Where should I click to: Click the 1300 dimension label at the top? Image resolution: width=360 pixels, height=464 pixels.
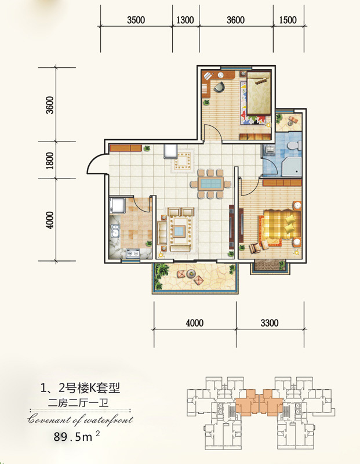click(185, 20)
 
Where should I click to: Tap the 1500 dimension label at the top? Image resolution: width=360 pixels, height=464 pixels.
click(288, 20)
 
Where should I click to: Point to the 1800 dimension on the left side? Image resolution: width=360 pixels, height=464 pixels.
click(50, 161)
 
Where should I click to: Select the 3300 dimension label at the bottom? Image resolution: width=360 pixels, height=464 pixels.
click(270, 322)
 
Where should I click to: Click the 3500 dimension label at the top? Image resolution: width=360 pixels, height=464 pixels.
click(136, 20)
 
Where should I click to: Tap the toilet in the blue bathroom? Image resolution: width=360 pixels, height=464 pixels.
click(294, 146)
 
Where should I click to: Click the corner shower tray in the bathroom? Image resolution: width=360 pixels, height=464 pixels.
click(292, 166)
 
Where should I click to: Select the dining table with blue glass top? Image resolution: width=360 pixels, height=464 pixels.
click(210, 183)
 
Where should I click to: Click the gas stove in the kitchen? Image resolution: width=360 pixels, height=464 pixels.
click(133, 253)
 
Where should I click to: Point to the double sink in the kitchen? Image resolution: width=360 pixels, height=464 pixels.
click(115, 231)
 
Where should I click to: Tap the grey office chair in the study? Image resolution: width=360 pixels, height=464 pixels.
click(219, 86)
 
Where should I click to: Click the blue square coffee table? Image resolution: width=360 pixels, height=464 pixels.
click(180, 231)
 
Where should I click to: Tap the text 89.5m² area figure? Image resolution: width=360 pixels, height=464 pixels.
click(77, 437)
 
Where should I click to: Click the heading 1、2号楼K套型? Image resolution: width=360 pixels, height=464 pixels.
click(80, 388)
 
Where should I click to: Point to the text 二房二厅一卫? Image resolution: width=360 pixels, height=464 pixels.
click(78, 403)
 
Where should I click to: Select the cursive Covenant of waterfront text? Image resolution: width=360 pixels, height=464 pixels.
click(80, 420)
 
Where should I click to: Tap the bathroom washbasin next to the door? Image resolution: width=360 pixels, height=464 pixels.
click(270, 150)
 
